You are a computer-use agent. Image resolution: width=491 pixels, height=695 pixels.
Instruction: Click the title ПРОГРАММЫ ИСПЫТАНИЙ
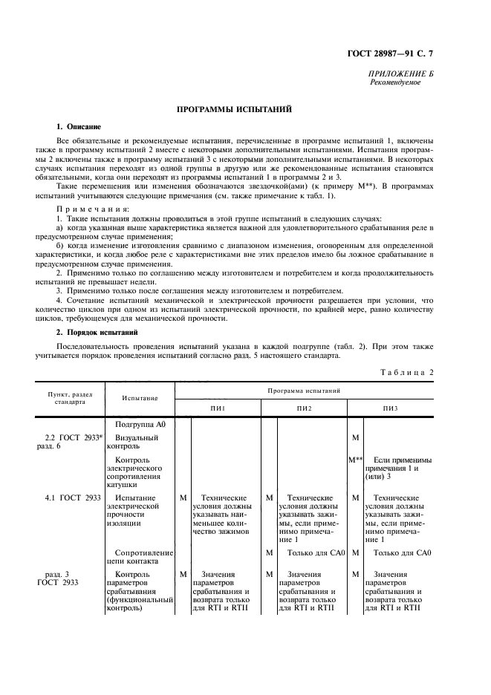[x=233, y=109]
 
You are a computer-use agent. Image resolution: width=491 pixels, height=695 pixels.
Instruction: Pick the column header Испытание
[x=140, y=399]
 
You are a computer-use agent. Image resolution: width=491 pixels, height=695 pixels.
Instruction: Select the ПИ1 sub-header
[x=218, y=408]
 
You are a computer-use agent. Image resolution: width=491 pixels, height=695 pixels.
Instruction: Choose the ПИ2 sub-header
[x=305, y=408]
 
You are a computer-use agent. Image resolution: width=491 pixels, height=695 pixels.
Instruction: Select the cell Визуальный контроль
[x=137, y=443]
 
